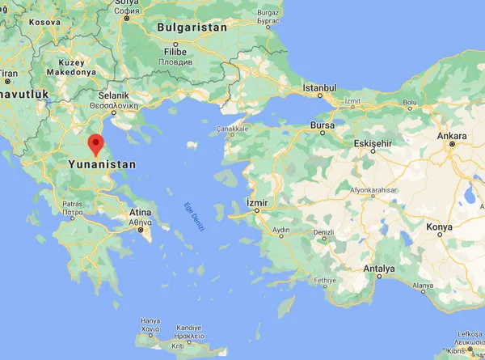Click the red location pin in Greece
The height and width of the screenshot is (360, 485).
coord(96,143)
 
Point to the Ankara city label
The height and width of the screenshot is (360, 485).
coord(454,134)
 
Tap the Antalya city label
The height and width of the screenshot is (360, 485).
coord(378,268)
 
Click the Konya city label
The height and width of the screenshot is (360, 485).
coord(440,227)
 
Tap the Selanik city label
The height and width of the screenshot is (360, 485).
coord(109,95)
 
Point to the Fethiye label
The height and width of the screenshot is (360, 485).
coord(324,281)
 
